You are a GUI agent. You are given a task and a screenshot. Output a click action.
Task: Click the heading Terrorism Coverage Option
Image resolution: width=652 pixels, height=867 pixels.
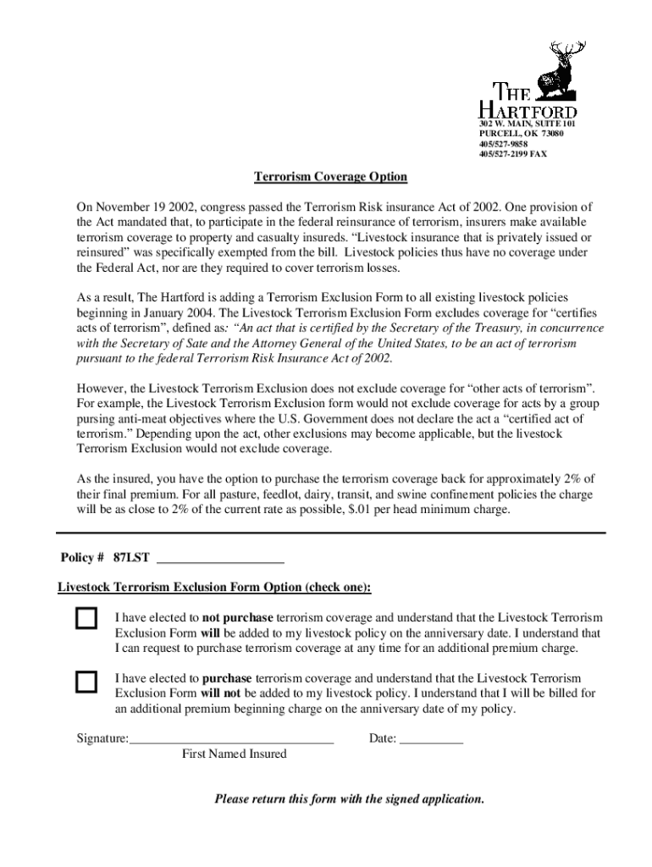(x=331, y=177)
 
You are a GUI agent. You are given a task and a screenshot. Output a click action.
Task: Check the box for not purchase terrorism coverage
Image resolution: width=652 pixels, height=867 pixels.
(x=86, y=618)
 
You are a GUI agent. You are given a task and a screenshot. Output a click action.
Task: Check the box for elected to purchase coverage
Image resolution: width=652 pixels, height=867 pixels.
(x=86, y=682)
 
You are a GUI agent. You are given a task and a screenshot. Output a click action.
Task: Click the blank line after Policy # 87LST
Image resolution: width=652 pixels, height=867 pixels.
(x=221, y=559)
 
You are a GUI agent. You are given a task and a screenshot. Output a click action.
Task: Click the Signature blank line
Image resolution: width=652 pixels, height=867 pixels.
(x=231, y=739)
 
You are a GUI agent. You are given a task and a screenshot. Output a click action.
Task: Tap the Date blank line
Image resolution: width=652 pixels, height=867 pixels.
(x=431, y=739)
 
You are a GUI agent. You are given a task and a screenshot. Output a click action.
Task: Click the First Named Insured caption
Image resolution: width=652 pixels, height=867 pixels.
(x=235, y=754)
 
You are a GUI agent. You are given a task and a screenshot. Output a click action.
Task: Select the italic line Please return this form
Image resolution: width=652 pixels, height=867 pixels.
(x=349, y=798)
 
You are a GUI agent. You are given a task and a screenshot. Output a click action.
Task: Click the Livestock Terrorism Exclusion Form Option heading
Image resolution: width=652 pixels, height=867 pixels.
(x=214, y=588)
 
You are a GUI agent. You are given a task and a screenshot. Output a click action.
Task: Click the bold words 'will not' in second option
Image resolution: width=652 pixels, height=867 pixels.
(x=221, y=693)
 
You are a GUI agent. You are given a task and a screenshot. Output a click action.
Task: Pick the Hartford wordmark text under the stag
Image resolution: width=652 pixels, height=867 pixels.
(x=527, y=103)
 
